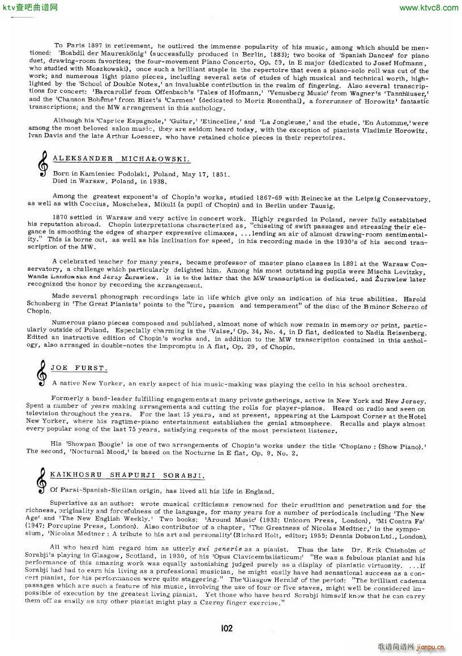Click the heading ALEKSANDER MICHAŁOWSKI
121,159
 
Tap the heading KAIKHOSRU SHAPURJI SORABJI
127,474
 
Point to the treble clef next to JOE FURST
41,373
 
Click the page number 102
227,628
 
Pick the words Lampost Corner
357,415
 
